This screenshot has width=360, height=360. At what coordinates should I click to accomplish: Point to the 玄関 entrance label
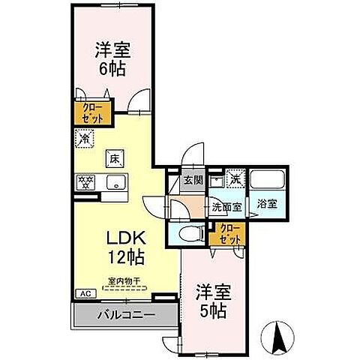point(193,180)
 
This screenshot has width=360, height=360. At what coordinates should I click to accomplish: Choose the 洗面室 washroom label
point(225,206)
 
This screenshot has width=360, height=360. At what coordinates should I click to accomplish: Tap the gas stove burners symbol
point(86,182)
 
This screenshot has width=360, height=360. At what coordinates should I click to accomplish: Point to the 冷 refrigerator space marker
point(84,138)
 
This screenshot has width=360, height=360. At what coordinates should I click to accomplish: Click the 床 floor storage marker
point(115,158)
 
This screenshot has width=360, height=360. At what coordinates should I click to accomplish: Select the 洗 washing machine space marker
point(235,178)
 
